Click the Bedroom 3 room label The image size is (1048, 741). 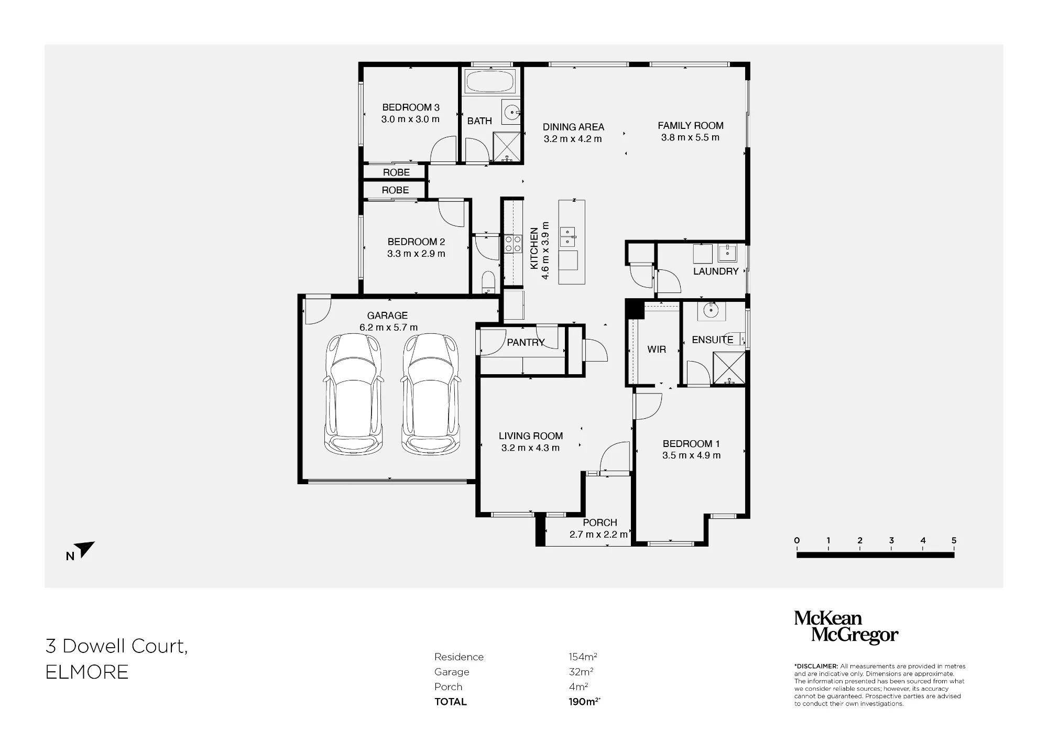coord(411,107)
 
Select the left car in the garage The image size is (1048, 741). coord(354,394)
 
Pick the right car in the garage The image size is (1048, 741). coord(431,394)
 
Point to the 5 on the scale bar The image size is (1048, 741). coord(954,540)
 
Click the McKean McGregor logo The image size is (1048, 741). coord(846,627)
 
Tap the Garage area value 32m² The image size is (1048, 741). coord(581,672)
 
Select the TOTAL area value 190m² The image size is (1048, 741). coord(584,702)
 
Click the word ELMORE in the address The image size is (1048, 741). coord(87,672)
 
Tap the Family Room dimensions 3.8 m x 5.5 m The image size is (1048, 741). coord(690,138)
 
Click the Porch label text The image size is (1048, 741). coord(600,523)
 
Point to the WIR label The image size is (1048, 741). coord(657,350)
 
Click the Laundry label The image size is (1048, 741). coord(716,271)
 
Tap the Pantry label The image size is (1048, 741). coord(526,343)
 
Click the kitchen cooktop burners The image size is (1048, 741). coord(513,244)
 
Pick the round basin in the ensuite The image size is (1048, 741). coord(711,311)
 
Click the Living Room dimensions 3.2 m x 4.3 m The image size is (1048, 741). coord(530,448)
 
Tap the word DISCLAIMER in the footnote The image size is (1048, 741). coord(816,667)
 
